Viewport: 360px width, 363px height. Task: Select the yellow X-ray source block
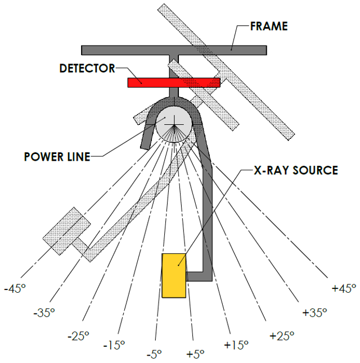coord(174,275)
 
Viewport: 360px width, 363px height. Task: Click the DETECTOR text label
coord(87,69)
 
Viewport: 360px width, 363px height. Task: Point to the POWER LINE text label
coord(57,157)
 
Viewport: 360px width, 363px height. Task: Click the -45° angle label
coord(15,289)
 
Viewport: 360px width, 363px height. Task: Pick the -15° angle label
coord(115,345)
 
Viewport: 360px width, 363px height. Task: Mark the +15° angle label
coord(236,345)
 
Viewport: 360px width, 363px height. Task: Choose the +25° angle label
coord(281,336)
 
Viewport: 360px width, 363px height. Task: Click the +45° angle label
coord(344,289)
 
